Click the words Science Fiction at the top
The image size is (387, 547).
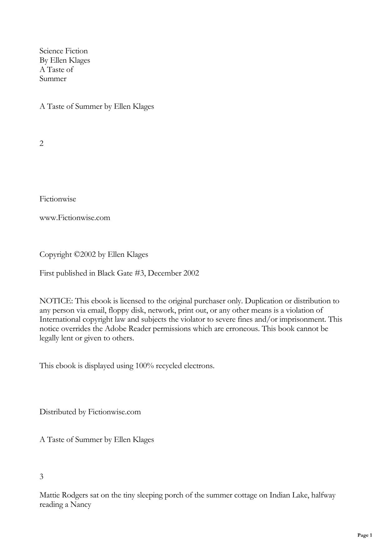pyautogui.click(x=63, y=51)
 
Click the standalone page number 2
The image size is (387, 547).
pyautogui.click(x=42, y=143)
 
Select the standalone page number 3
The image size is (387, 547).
pyautogui.click(x=42, y=476)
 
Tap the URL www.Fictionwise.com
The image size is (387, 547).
pyautogui.click(x=75, y=218)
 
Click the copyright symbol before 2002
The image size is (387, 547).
pyautogui.click(x=77, y=254)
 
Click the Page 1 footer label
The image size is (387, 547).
pyautogui.click(x=365, y=535)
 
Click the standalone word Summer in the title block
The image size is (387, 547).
pyautogui.click(x=53, y=79)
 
